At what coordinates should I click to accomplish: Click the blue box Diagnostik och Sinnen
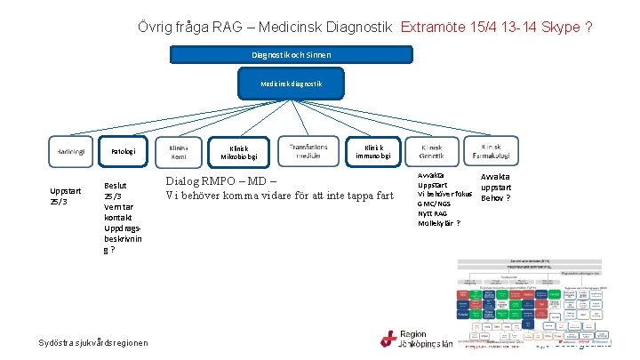292,55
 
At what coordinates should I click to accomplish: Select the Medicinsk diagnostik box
292,84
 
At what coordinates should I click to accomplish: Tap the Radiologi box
71,152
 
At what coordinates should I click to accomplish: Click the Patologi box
123,152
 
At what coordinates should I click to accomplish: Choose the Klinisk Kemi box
179,152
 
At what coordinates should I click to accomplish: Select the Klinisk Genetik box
431,152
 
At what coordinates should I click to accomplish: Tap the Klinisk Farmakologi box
492,152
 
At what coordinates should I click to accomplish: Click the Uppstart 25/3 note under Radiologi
66,196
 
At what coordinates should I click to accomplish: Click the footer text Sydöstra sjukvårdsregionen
93,343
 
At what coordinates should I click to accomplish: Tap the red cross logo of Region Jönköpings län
388,339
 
